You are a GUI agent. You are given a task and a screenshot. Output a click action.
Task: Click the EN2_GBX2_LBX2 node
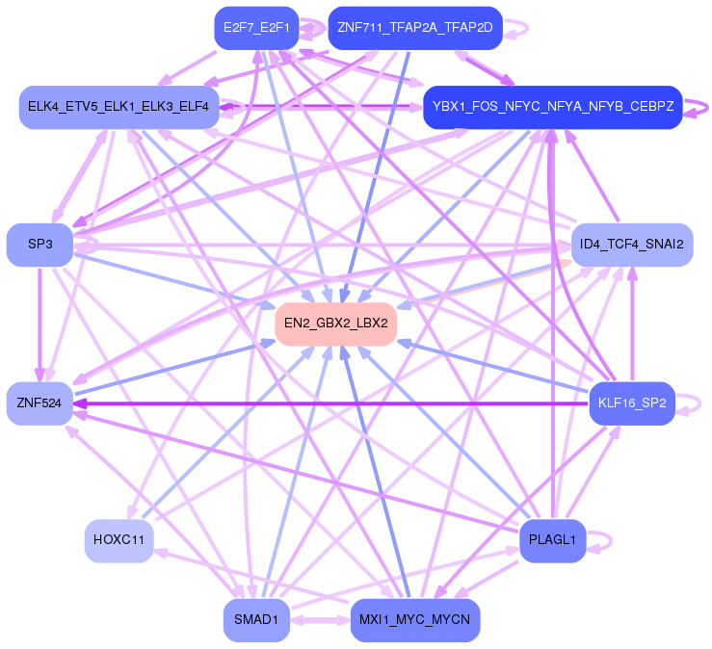(x=336, y=324)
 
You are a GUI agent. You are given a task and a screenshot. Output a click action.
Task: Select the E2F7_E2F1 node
(x=256, y=27)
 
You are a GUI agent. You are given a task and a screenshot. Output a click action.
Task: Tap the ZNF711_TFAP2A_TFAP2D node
(x=414, y=27)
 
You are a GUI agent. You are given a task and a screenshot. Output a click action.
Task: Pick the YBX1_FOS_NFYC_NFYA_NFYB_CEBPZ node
(x=552, y=107)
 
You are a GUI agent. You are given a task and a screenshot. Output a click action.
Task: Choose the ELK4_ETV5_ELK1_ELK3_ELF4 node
(x=119, y=105)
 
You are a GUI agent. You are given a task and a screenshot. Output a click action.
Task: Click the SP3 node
(x=40, y=245)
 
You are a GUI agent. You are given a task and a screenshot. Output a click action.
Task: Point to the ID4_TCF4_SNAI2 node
(x=632, y=245)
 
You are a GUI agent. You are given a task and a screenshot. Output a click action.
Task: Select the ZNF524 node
(x=40, y=403)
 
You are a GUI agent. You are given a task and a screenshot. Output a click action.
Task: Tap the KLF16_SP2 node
(x=631, y=402)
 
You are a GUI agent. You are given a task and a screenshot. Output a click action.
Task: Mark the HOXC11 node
(x=119, y=539)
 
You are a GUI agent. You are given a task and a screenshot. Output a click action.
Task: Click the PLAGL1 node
(x=552, y=540)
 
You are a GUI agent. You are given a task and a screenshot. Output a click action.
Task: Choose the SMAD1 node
(x=256, y=619)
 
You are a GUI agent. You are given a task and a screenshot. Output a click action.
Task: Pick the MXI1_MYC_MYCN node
(x=414, y=619)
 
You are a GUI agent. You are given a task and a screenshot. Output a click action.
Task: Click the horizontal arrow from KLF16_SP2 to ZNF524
(x=328, y=403)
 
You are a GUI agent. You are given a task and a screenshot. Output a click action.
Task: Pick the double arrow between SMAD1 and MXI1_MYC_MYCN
(x=320, y=619)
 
